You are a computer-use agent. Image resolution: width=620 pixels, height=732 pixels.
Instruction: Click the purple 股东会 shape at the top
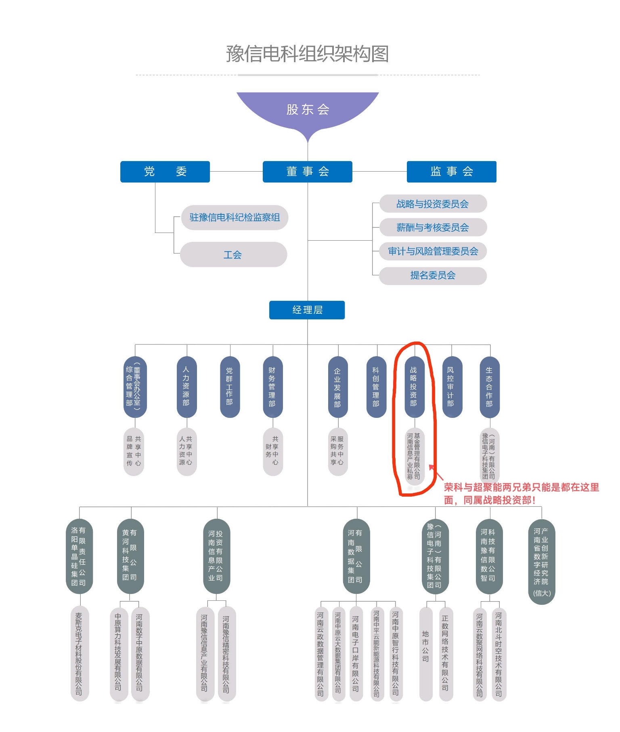click(308, 110)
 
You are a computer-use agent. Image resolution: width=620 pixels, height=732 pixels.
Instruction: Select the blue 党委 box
click(165, 172)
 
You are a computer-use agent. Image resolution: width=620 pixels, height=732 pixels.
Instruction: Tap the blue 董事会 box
click(307, 172)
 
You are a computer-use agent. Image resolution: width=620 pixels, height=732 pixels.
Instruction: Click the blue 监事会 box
click(451, 172)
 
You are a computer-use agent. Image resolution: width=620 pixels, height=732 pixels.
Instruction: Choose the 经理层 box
click(307, 310)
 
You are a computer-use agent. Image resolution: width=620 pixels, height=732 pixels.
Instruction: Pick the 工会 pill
click(233, 254)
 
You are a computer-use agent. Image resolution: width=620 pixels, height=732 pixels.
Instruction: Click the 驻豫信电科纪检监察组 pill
click(235, 218)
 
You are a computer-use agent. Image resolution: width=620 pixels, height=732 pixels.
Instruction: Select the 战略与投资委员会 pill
click(433, 204)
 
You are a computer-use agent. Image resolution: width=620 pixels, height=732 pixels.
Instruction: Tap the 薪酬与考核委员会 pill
click(433, 227)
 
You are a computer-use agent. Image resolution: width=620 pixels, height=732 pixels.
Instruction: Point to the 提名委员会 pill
click(433, 275)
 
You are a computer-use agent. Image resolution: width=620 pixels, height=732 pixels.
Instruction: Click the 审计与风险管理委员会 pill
click(433, 252)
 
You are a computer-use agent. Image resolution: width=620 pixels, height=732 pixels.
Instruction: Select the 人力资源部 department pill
click(186, 386)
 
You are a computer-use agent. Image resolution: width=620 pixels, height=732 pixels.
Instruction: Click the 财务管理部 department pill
click(272, 386)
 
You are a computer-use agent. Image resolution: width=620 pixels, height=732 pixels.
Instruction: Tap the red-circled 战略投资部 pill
click(414, 386)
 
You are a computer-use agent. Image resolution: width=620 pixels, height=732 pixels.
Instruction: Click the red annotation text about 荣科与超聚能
click(521, 493)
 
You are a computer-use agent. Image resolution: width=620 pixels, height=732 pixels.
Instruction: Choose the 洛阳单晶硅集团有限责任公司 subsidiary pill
click(79, 556)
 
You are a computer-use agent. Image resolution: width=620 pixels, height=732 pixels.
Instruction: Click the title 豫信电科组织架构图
click(307, 54)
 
